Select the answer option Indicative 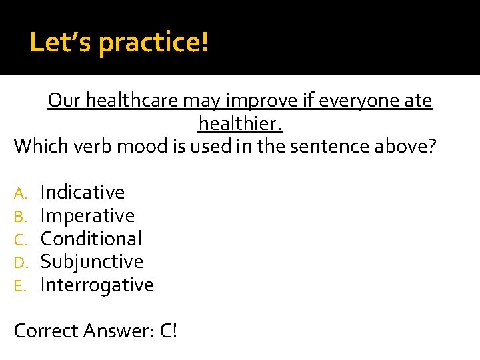(x=83, y=192)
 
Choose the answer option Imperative (x=87, y=215)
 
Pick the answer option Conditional (x=91, y=239)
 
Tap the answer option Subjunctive (x=92, y=261)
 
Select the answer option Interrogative (x=97, y=285)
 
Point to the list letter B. (x=21, y=216)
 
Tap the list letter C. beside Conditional (x=21, y=239)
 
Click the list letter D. (x=21, y=262)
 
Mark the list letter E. (x=20, y=285)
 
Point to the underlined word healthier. (x=240, y=123)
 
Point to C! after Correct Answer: (x=169, y=331)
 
